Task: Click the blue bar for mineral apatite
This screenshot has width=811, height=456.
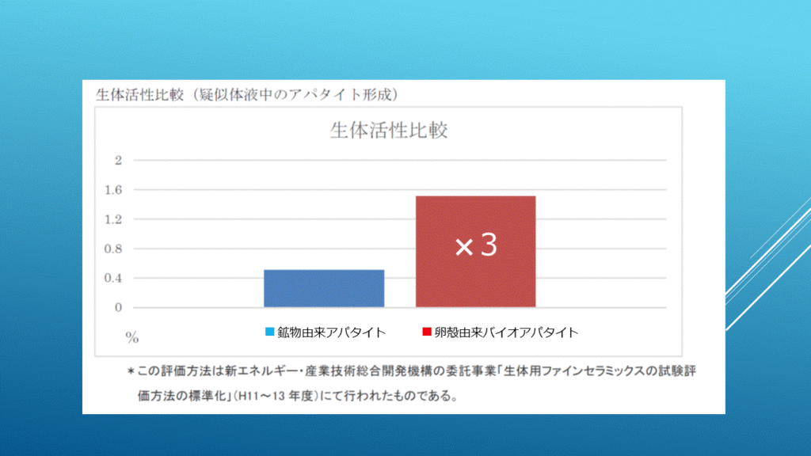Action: point(324,288)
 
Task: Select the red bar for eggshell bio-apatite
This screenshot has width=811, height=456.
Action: point(476,251)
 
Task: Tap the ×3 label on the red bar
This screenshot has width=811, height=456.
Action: point(476,245)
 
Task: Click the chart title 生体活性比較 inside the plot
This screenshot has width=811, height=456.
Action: point(389,131)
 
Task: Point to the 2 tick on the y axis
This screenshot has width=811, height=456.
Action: point(119,161)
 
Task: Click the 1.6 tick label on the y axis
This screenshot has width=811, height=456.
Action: point(113,190)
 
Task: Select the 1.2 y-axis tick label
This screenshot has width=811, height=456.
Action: point(113,220)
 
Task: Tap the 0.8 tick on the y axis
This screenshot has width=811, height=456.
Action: point(113,249)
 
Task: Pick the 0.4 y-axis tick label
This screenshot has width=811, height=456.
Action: point(113,278)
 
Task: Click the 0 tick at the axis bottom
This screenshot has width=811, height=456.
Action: point(119,308)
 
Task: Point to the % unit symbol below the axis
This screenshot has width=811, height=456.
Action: point(132,338)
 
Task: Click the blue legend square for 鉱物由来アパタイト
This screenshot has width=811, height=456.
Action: point(269,332)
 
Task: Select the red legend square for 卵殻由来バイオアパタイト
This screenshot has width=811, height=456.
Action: point(427,332)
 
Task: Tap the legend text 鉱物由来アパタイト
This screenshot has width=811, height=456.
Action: point(332,332)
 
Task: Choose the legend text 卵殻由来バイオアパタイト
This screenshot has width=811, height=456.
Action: point(506,332)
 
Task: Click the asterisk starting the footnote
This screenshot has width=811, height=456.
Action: point(131,371)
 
